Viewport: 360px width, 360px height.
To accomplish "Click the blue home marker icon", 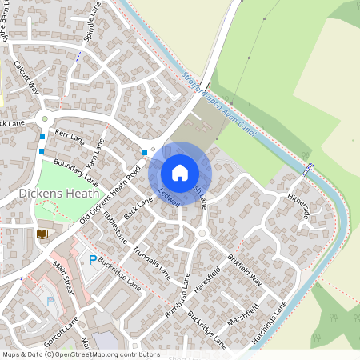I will click(x=180, y=173).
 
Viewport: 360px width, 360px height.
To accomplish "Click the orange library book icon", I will click(x=42, y=233).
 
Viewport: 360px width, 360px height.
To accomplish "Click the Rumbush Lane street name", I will click(x=177, y=302).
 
